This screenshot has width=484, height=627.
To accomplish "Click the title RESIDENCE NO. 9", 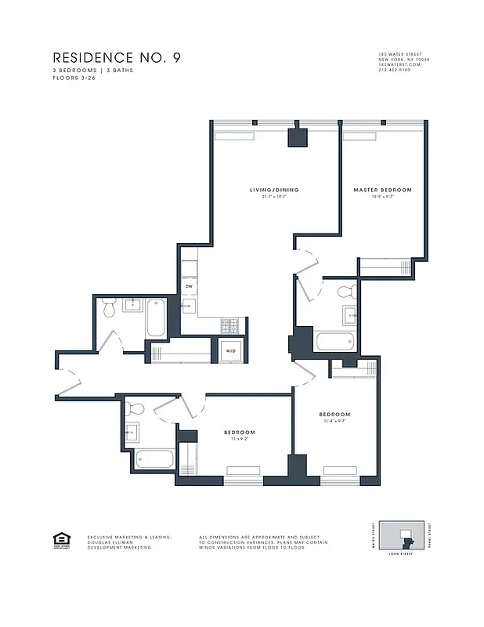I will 117,58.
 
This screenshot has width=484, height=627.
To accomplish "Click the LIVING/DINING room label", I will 274,190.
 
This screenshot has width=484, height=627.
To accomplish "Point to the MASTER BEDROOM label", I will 382,190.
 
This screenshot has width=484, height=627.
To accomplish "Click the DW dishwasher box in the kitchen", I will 189,287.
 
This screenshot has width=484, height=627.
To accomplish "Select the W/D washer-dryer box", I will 231,351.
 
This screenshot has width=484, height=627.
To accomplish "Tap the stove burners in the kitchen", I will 231,323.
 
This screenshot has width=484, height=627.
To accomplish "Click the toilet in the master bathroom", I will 345,294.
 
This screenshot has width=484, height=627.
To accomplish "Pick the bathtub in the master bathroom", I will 335,342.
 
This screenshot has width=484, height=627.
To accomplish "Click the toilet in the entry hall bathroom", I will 110,310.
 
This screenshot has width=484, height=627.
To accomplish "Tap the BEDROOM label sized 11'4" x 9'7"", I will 334,415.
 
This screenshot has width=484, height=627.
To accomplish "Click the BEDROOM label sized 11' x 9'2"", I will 240,433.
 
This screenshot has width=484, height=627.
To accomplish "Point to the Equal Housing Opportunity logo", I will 60,539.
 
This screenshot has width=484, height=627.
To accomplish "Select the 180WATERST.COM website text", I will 399,65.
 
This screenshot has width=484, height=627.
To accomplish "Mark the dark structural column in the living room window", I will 298,136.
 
